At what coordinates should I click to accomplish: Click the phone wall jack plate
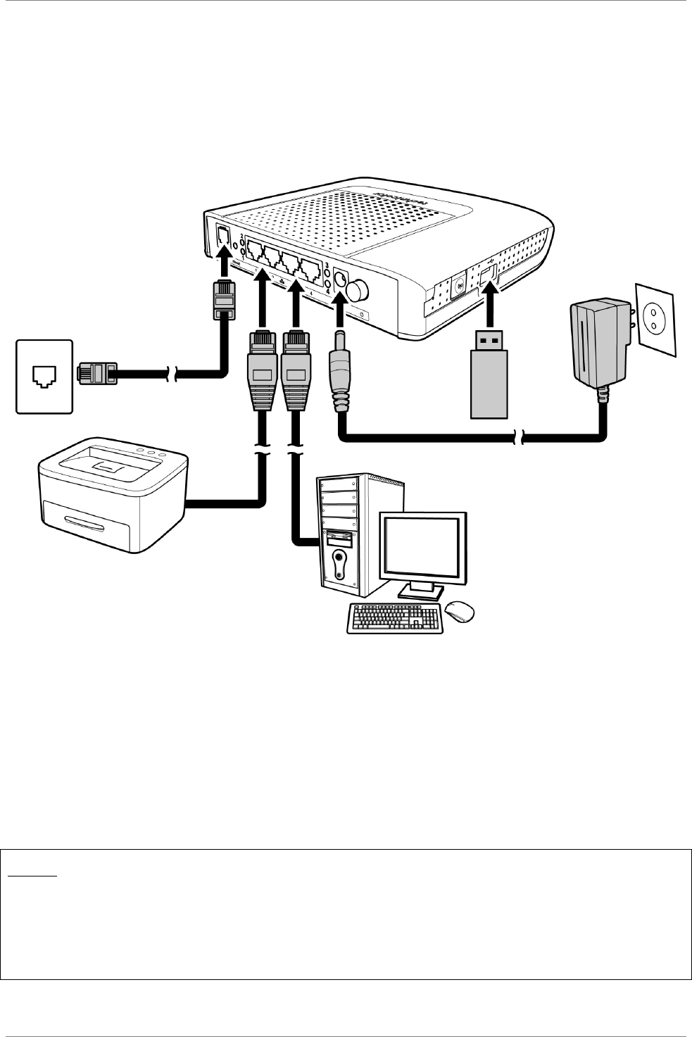pos(44,376)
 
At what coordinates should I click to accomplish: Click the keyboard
pos(395,618)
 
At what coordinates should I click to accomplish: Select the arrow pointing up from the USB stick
pos(489,303)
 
